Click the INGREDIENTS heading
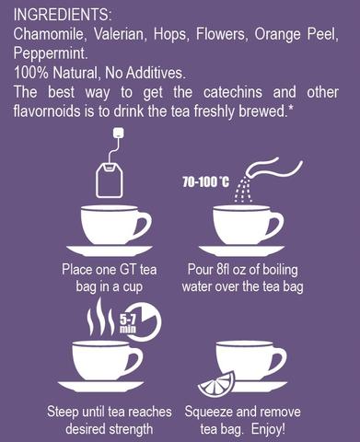pyautogui.click(x=63, y=15)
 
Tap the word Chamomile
pyautogui.click(x=49, y=34)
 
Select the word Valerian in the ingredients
pyautogui.click(x=119, y=34)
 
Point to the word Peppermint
pyautogui.click(x=51, y=53)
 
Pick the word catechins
pyautogui.click(x=233, y=92)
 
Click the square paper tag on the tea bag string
pyautogui.click(x=119, y=133)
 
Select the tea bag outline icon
pyautogui.click(x=110, y=180)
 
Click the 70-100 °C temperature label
pyautogui.click(x=205, y=182)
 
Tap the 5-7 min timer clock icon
pyautogui.click(x=142, y=322)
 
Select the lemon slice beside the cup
pyautogui.click(x=216, y=385)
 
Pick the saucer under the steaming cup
pyautogui.click(x=100, y=387)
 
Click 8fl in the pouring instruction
pyautogui.click(x=223, y=270)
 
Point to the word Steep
pyautogui.click(x=63, y=413)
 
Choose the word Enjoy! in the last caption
pyautogui.click(x=268, y=429)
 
